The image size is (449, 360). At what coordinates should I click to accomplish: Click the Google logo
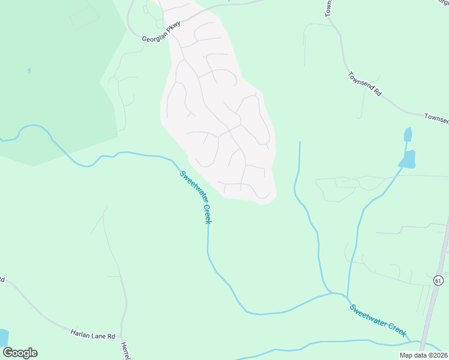20,353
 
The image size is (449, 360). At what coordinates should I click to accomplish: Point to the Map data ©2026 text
424,355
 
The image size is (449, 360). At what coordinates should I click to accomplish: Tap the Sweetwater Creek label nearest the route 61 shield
379,320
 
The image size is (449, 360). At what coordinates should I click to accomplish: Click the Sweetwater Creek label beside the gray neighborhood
196,197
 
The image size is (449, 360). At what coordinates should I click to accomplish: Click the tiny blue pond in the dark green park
29,70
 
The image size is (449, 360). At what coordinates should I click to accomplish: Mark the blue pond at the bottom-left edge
3,337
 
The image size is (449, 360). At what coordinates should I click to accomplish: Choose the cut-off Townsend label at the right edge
436,118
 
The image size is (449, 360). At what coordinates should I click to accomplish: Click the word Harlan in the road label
80,331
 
